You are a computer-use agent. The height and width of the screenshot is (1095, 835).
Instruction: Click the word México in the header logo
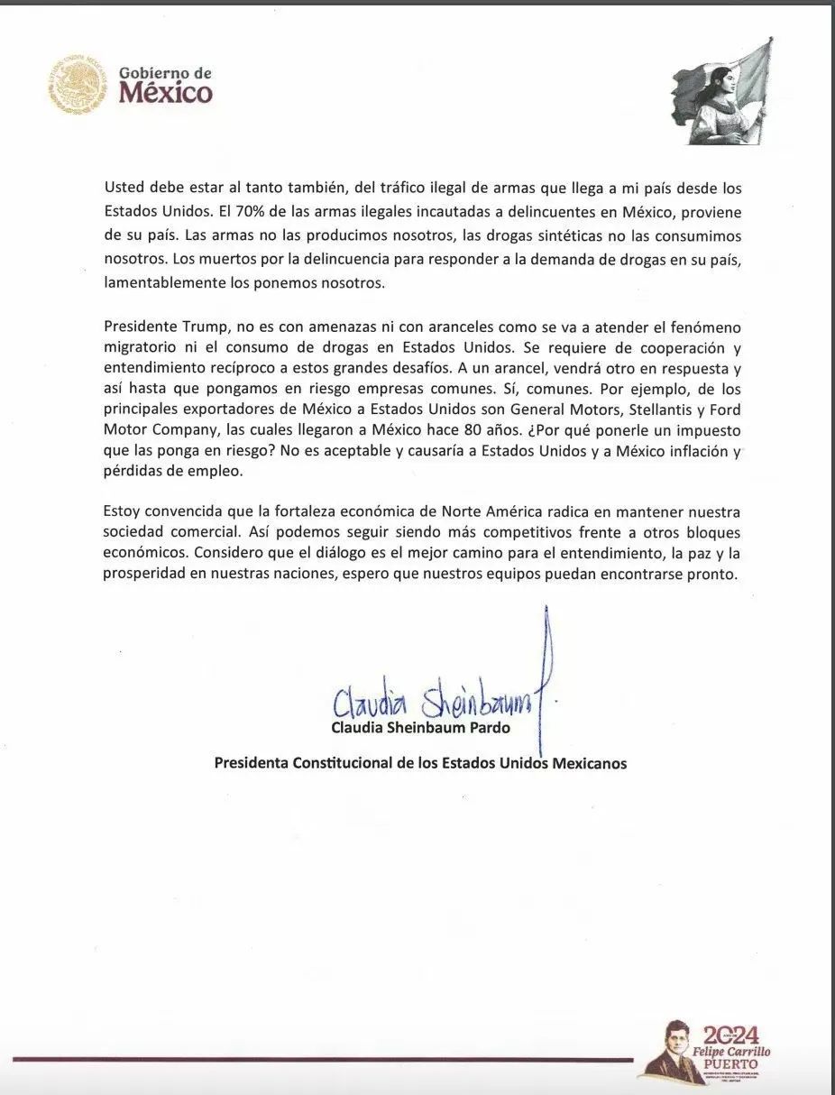(x=166, y=93)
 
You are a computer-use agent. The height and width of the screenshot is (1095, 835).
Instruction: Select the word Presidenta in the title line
(x=250, y=763)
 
